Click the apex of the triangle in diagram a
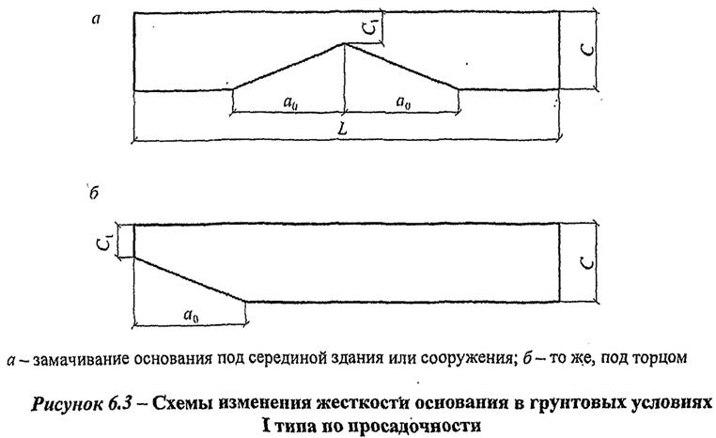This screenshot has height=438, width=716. click(x=345, y=42)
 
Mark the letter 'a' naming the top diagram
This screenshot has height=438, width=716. click(x=95, y=18)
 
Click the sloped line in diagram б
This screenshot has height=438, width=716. click(x=188, y=278)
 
